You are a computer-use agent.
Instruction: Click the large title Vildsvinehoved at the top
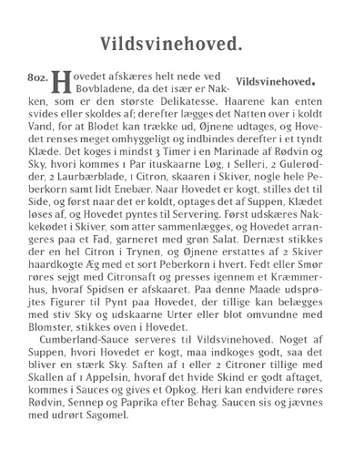click(x=182, y=41)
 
